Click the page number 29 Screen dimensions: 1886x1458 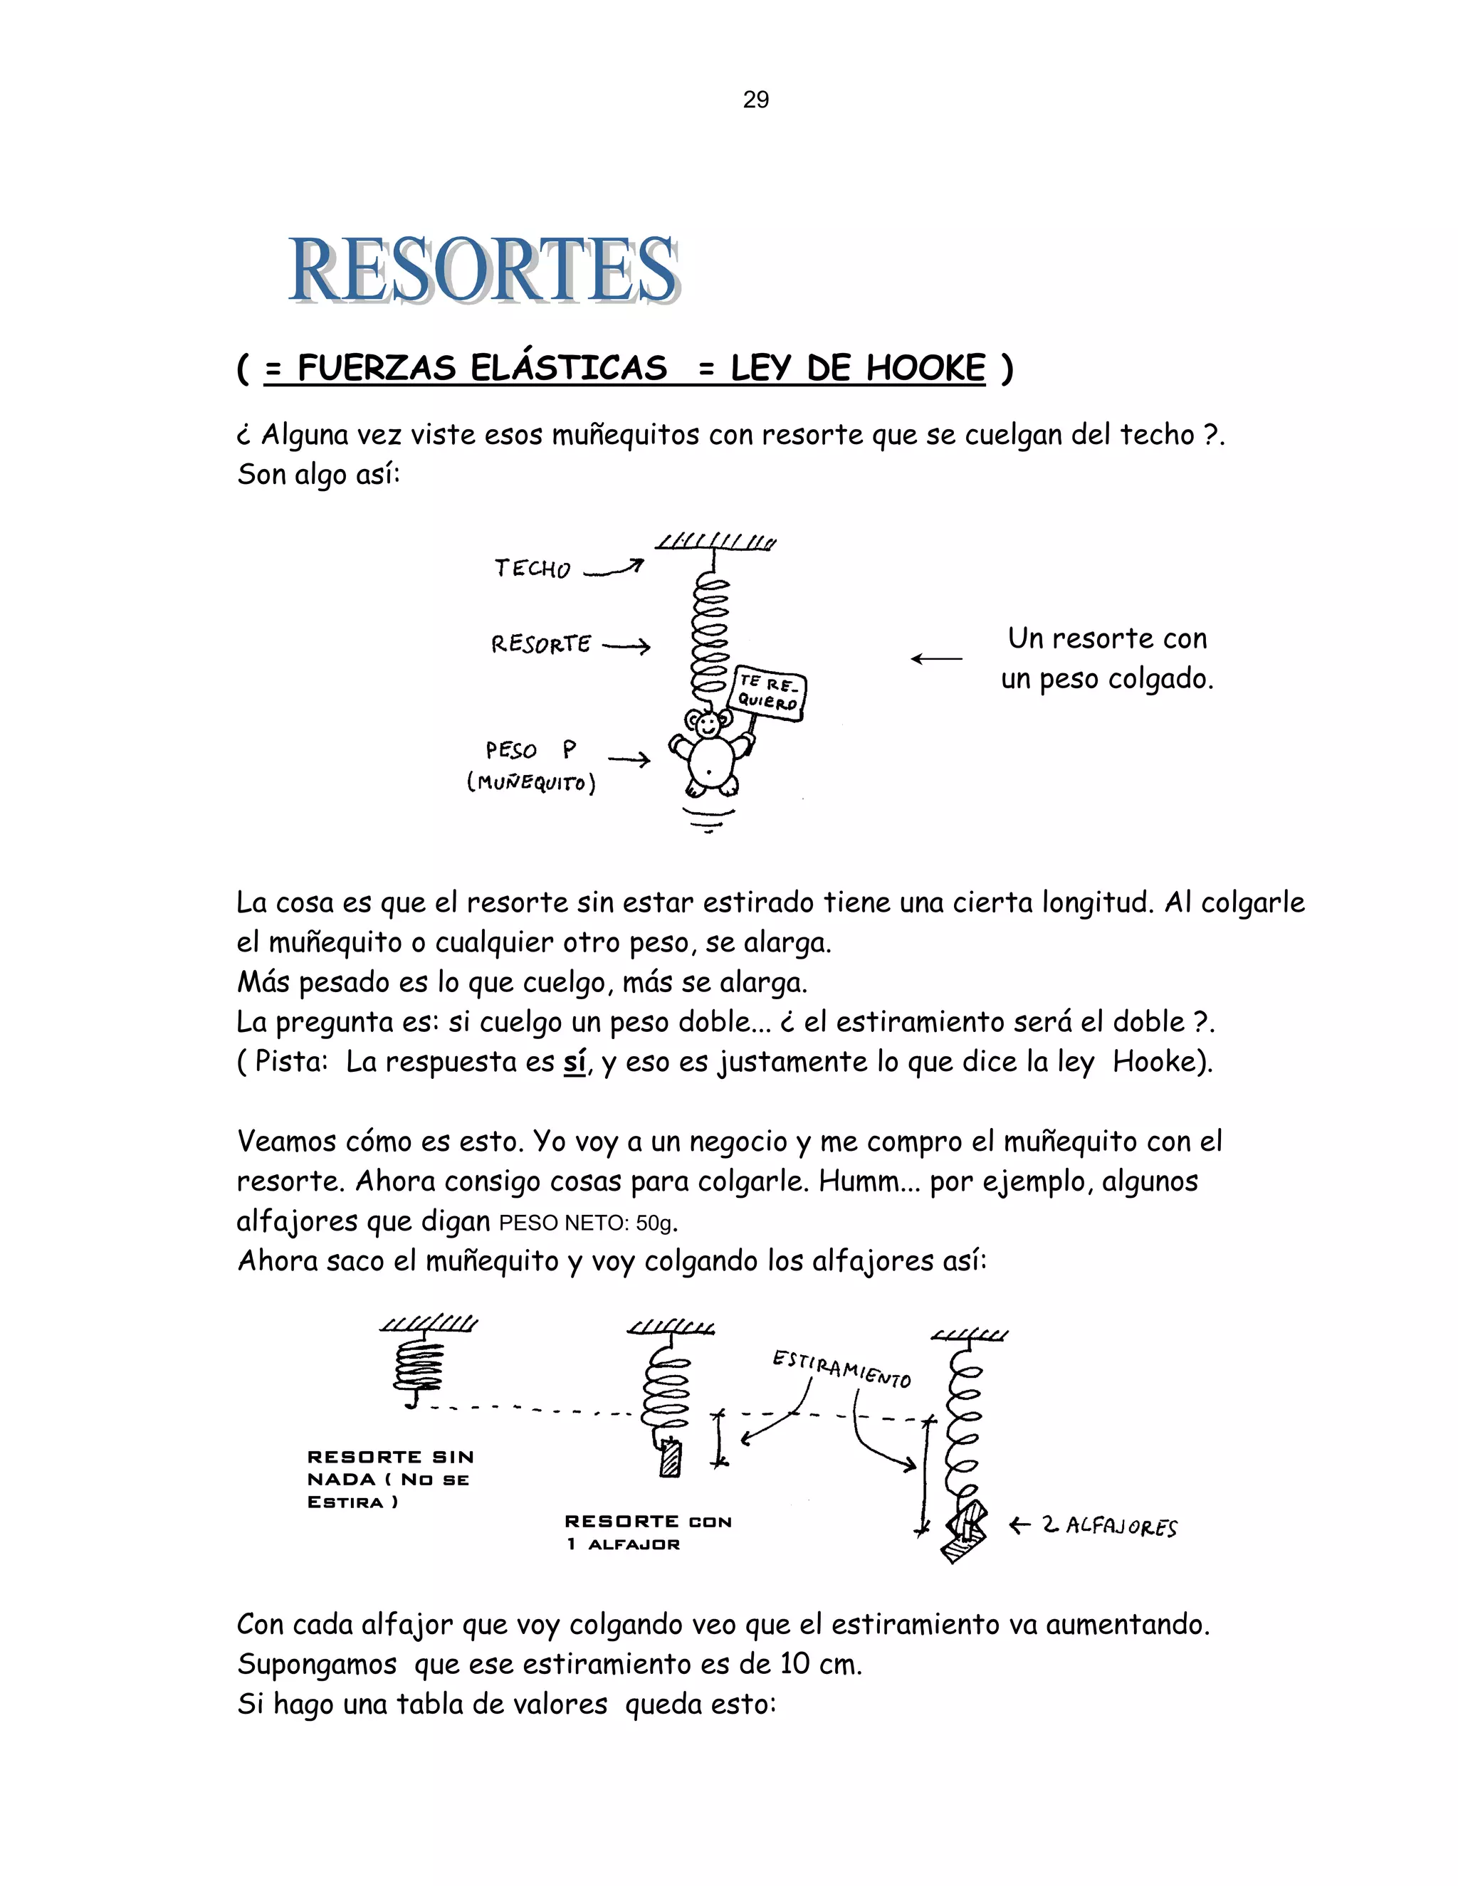click(x=756, y=100)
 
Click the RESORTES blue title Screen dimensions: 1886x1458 click(x=483, y=270)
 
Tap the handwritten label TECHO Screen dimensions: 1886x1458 click(x=532, y=568)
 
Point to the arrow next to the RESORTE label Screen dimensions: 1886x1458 click(x=626, y=646)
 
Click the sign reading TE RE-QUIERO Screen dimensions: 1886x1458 click(x=769, y=692)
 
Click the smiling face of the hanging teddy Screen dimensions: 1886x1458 click(x=708, y=725)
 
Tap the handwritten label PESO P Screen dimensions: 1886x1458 click(x=530, y=749)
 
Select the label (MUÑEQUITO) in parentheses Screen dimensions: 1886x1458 click(x=531, y=784)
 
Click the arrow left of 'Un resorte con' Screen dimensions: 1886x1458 click(x=936, y=659)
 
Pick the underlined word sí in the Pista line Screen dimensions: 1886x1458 click(x=575, y=1061)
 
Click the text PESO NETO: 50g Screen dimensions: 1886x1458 click(x=587, y=1223)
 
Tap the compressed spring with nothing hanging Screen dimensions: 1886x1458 click(x=418, y=1367)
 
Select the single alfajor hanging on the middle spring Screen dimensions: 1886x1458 click(x=670, y=1460)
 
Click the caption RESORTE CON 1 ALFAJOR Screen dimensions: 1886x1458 click(x=648, y=1532)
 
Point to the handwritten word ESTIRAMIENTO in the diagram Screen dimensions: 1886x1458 click(x=841, y=1369)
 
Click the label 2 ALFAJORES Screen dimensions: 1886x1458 click(x=1109, y=1526)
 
